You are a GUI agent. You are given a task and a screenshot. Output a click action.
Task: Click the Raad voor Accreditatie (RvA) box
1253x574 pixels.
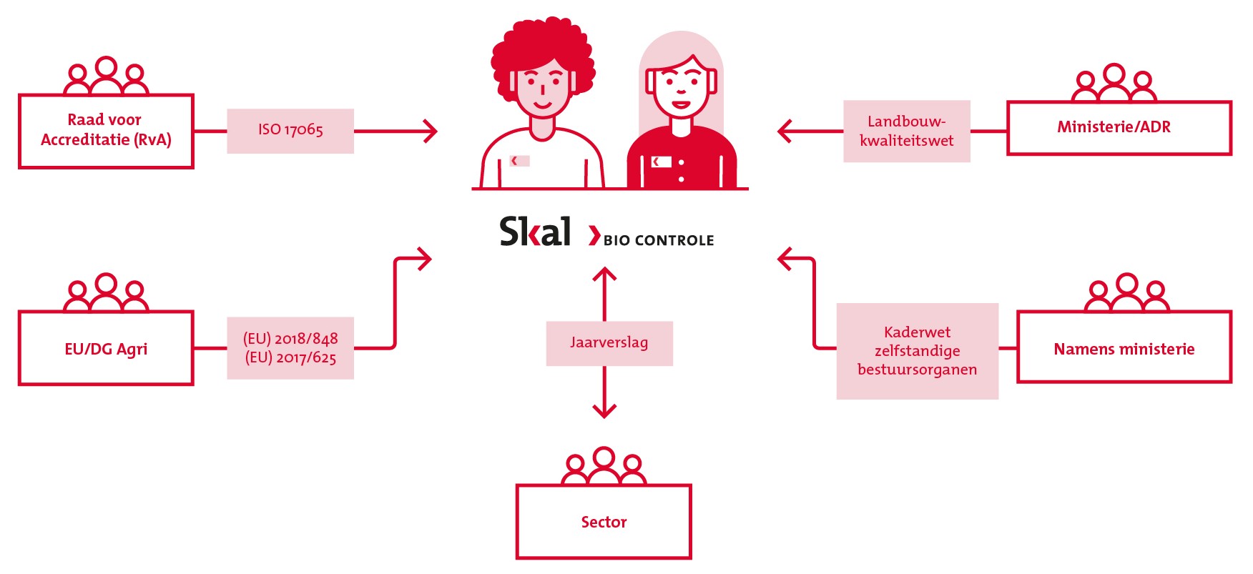click(x=106, y=131)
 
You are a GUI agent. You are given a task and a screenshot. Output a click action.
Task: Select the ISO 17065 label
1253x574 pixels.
click(x=290, y=130)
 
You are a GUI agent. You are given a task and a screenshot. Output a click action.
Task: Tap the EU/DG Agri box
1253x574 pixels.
click(x=106, y=349)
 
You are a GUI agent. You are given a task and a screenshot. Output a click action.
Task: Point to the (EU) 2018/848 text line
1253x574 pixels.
click(x=290, y=339)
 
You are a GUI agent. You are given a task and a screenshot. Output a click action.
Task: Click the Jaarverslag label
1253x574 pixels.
click(x=609, y=343)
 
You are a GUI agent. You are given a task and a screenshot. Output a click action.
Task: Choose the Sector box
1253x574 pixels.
click(x=604, y=522)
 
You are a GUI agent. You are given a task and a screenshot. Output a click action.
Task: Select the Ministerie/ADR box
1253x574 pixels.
click(x=1119, y=128)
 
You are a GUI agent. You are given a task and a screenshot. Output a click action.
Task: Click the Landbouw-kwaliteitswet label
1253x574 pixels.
click(x=906, y=132)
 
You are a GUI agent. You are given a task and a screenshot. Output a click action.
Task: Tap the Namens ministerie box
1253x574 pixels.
click(x=1124, y=348)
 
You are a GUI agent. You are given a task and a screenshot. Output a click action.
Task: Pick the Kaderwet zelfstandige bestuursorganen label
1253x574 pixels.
click(x=917, y=351)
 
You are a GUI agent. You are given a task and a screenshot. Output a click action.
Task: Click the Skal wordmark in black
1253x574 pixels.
click(x=535, y=232)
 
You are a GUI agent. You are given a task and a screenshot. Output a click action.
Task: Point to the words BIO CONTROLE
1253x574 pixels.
click(x=659, y=241)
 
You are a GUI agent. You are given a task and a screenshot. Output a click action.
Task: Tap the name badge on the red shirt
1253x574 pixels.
click(x=662, y=162)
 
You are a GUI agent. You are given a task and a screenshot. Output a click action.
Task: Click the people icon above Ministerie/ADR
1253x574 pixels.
click(x=1114, y=84)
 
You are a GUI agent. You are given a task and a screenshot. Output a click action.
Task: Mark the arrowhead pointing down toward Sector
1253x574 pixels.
click(x=604, y=410)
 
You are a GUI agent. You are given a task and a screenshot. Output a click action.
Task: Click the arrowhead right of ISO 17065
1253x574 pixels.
click(x=431, y=132)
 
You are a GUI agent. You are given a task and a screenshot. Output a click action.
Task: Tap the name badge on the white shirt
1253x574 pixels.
click(x=519, y=161)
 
